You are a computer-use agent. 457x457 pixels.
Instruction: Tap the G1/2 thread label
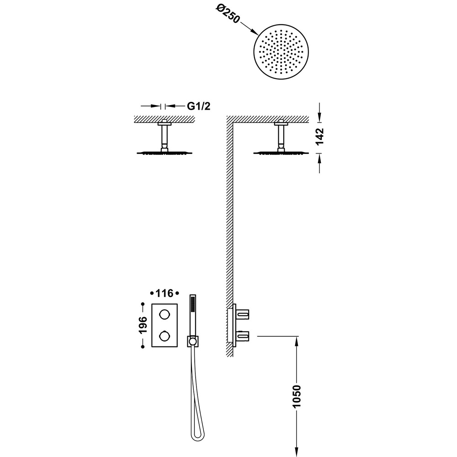tap(198, 106)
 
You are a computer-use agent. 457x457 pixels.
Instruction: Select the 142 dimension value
tap(320, 136)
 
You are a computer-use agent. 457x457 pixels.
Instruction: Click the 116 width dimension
tap(165, 293)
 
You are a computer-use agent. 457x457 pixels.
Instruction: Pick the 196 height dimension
tap(143, 325)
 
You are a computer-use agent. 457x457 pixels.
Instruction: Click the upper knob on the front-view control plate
tap(165, 314)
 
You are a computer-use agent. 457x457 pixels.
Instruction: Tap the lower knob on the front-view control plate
tap(165, 336)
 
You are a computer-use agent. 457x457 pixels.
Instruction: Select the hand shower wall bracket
tap(192, 341)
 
